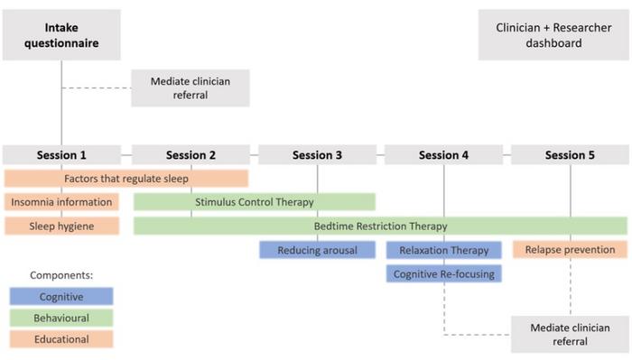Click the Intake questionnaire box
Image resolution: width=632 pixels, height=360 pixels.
pos(61,34)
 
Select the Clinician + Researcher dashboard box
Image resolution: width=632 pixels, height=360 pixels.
pos(552,35)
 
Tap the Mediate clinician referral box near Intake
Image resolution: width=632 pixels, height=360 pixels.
pos(190,88)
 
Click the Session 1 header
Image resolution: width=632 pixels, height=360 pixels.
pos(61,155)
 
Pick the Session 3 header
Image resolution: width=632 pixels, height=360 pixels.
pos(317,155)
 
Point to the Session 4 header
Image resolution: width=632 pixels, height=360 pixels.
pos(443,155)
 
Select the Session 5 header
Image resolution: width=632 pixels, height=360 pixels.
pos(570,155)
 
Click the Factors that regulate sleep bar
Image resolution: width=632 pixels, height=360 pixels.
pos(126,179)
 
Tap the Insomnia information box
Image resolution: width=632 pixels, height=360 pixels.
pos(61,202)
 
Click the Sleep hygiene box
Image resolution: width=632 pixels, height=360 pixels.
pos(61,226)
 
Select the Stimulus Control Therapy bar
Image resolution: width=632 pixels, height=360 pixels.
pos(254,202)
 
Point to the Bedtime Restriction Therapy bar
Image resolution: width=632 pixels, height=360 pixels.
pos(380,226)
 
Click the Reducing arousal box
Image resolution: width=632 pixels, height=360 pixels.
pos(317,250)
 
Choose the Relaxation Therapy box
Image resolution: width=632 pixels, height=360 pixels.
pos(443,250)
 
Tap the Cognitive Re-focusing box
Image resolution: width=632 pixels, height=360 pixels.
pos(443,273)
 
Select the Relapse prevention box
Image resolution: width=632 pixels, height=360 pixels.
pos(570,250)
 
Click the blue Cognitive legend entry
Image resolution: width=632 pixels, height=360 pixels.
pos(61,296)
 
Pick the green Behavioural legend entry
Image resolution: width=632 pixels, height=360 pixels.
pos(61,318)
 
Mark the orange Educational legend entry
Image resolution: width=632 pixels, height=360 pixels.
pos(61,339)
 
